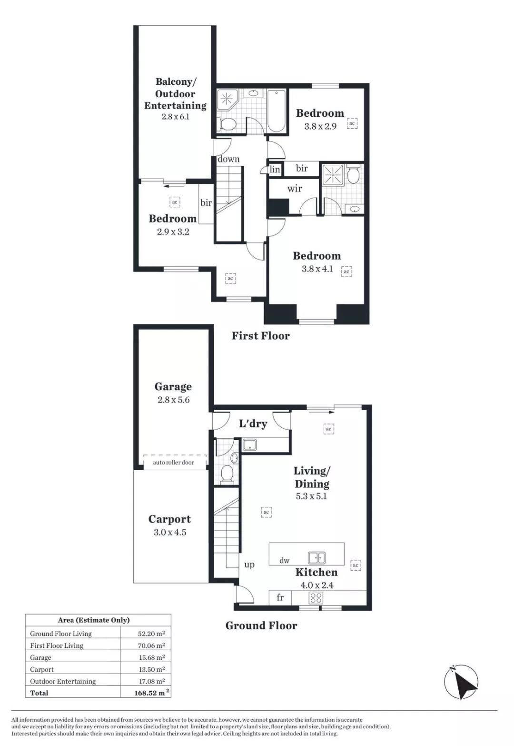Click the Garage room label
point(173,387)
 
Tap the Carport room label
point(169,519)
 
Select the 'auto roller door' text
point(173,462)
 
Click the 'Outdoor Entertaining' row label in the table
point(63,681)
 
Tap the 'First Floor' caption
point(260,336)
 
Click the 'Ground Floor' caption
point(261,626)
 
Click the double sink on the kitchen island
point(316,557)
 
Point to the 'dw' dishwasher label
point(284,561)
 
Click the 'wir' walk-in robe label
point(295,189)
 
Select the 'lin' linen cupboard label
point(275,170)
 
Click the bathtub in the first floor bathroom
point(277,111)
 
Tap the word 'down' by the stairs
point(228,159)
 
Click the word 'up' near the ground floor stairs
point(249,565)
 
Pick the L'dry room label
point(253,423)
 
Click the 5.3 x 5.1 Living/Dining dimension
point(311,496)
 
